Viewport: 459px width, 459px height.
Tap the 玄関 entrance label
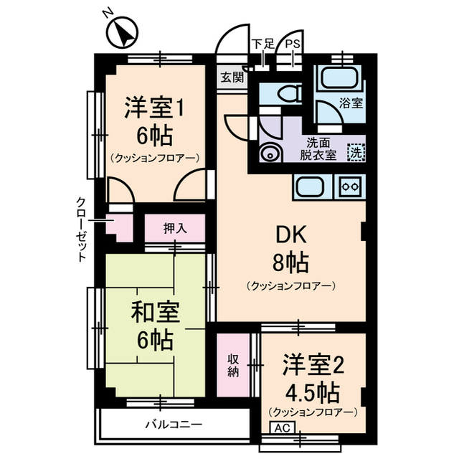(231, 76)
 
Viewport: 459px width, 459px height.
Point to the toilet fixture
(288, 94)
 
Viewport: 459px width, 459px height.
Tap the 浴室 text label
(351, 103)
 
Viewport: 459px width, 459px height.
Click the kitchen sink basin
(310, 186)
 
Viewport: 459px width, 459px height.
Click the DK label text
(290, 235)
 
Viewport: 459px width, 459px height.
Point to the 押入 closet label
(174, 229)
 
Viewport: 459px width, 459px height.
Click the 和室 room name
(155, 313)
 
